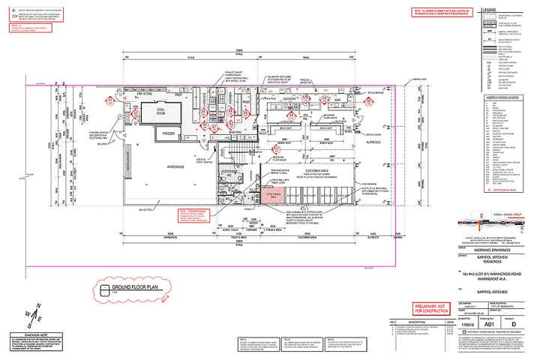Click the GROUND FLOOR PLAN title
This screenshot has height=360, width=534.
133,287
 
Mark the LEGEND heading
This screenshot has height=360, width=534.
510,11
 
